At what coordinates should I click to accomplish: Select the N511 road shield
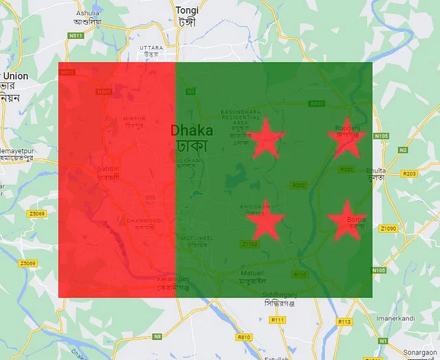click(x=76, y=35)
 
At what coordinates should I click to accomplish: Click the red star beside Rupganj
click(x=345, y=140)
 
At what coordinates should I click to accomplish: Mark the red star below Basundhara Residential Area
click(x=265, y=139)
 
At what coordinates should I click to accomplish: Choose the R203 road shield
click(x=410, y=174)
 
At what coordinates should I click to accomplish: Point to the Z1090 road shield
click(x=388, y=228)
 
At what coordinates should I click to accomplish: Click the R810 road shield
click(x=243, y=337)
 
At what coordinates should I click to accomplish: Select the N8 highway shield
click(x=157, y=336)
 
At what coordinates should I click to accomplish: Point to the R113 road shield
click(x=344, y=322)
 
